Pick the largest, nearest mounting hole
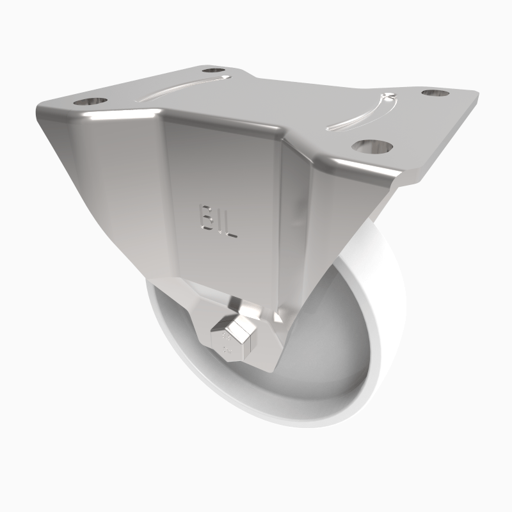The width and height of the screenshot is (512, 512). [373, 146]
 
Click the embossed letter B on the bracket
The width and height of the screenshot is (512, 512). [206, 216]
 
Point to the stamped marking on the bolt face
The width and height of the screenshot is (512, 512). [225, 342]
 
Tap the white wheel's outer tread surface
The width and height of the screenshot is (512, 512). [384, 320]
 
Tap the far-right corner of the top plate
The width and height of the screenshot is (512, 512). [477, 96]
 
